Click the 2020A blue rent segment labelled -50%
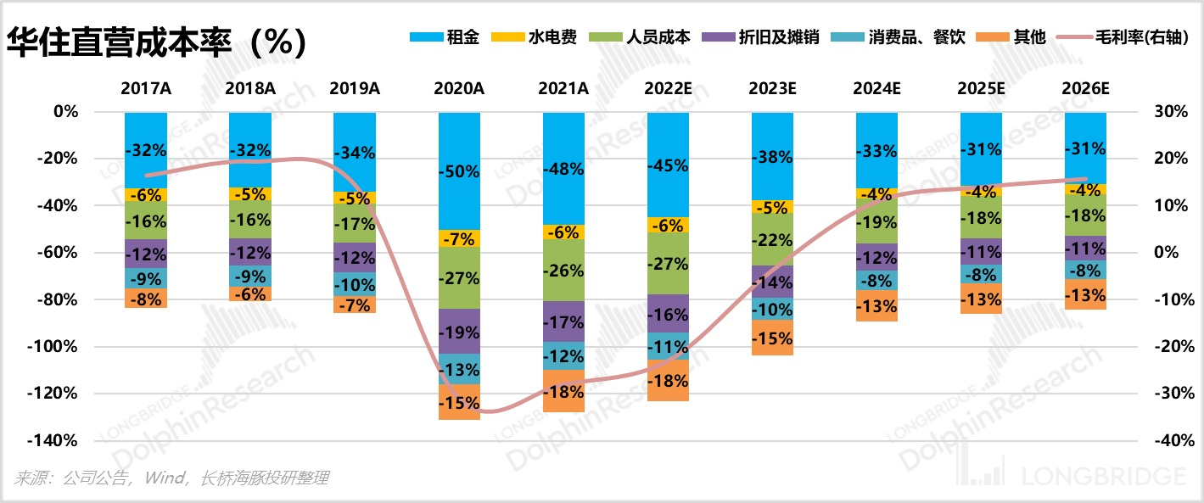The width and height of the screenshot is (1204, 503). [x=459, y=171]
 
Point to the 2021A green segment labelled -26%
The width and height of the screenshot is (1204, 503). [x=563, y=271]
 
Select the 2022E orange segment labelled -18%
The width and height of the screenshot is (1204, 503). [x=668, y=381]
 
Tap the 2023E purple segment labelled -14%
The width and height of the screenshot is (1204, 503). [x=772, y=282]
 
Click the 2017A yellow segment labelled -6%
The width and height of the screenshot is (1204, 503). [x=145, y=194]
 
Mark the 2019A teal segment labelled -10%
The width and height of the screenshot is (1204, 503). [x=355, y=284]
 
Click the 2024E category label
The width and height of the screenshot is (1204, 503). [x=876, y=88]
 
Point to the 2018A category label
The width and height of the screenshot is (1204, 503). [x=249, y=88]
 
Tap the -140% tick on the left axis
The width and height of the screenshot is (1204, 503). [x=55, y=440]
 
